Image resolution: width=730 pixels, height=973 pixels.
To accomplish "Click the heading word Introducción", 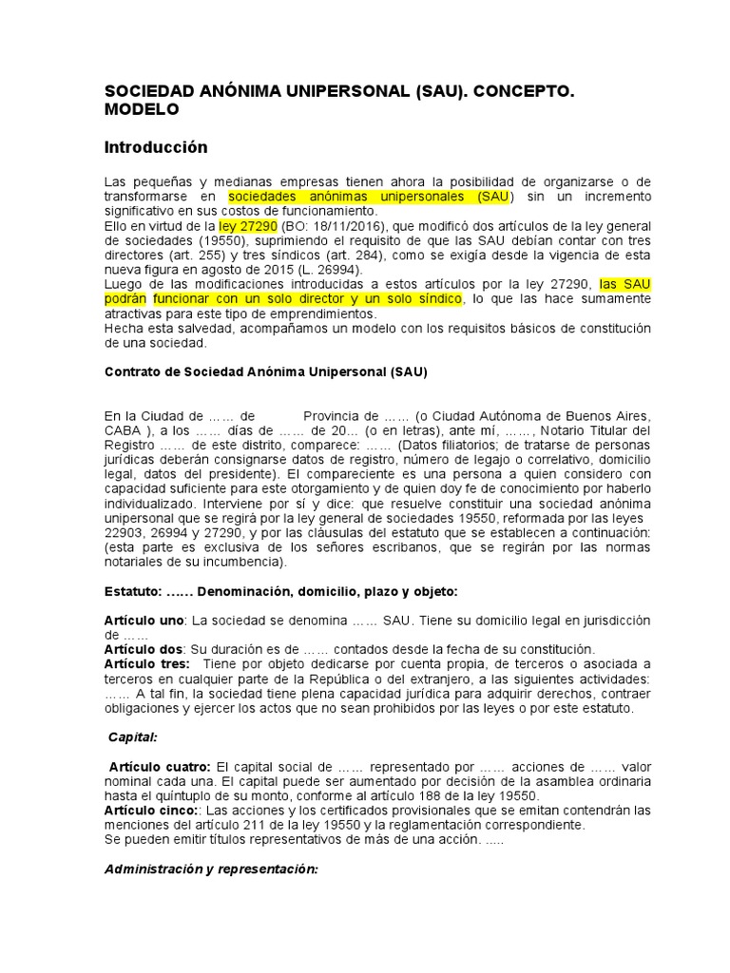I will pyautogui.click(x=155, y=147).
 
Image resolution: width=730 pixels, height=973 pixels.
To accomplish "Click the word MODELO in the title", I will pyautogui.click(x=142, y=109).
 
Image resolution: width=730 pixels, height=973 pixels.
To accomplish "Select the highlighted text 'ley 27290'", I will pyautogui.click(x=247, y=225).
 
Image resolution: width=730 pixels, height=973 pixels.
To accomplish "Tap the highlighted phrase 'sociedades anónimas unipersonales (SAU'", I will pyautogui.click(x=370, y=196).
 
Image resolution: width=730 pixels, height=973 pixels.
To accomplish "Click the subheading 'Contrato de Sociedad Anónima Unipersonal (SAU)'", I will pyautogui.click(x=265, y=372).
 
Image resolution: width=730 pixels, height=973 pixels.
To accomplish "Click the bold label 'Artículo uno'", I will pyautogui.click(x=144, y=620).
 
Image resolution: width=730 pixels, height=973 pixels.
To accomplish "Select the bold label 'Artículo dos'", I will pyautogui.click(x=144, y=649).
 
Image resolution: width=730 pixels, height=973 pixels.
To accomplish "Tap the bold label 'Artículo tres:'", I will pyautogui.click(x=147, y=663).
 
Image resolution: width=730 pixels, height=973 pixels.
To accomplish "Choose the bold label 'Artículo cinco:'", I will pyautogui.click(x=152, y=810).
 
